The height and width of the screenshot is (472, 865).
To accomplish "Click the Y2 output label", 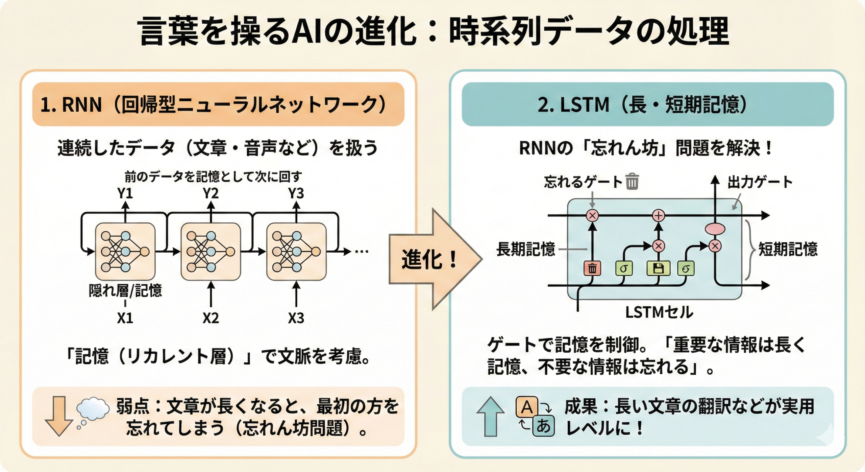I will [x=211, y=194].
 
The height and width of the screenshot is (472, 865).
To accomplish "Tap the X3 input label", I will [x=296, y=318].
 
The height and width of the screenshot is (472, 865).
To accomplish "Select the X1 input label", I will [x=125, y=318].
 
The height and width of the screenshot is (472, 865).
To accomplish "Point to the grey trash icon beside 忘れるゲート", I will [x=632, y=182].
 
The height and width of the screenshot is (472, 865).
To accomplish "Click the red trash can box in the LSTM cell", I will [x=592, y=269].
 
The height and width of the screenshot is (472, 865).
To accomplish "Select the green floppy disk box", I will [x=658, y=269].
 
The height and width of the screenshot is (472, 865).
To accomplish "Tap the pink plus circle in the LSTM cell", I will [x=659, y=215].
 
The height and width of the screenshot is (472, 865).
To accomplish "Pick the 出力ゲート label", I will [x=760, y=182].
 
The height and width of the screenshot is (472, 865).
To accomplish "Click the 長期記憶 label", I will [x=526, y=250].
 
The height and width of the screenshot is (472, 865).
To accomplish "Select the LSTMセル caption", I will [x=659, y=312].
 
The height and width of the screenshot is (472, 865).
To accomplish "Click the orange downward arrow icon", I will [x=59, y=416].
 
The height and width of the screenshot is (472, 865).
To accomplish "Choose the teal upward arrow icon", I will [x=490, y=416].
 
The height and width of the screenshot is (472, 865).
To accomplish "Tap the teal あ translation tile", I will [x=543, y=426].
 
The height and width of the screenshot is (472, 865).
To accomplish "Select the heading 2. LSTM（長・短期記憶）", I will [x=647, y=104].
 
